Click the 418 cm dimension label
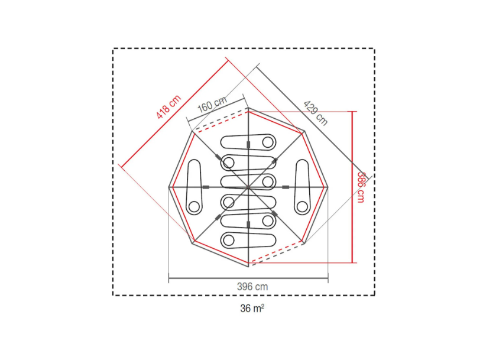pyautogui.click(x=169, y=107)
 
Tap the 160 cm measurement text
pyautogui.click(x=212, y=105)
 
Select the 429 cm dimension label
pyautogui.click(x=315, y=113)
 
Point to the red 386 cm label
pyautogui.click(x=361, y=187)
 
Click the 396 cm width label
pyautogui.click(x=252, y=287)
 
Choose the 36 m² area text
pyautogui.click(x=252, y=308)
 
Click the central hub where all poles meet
pyautogui.click(x=248, y=187)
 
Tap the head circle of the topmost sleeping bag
pyautogui.click(x=268, y=142)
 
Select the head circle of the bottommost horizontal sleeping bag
pyautogui.click(x=228, y=241)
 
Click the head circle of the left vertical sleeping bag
pyautogui.click(x=194, y=207)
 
